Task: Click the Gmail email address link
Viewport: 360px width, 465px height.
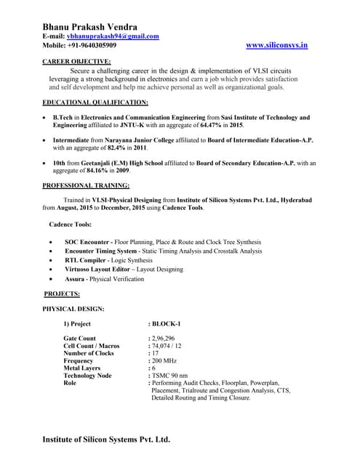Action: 113,36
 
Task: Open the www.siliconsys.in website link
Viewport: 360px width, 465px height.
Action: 278,45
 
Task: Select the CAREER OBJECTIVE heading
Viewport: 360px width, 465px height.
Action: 77,62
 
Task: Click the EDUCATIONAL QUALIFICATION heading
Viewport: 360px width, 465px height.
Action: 95,103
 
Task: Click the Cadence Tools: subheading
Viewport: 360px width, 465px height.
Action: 70,223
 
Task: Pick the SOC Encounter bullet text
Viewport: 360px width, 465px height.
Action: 87,241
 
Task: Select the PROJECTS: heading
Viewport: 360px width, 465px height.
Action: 62,294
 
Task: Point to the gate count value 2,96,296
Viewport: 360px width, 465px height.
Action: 163,339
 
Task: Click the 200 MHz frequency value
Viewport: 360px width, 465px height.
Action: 164,360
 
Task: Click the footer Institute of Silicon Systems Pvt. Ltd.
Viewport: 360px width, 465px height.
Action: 106,440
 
